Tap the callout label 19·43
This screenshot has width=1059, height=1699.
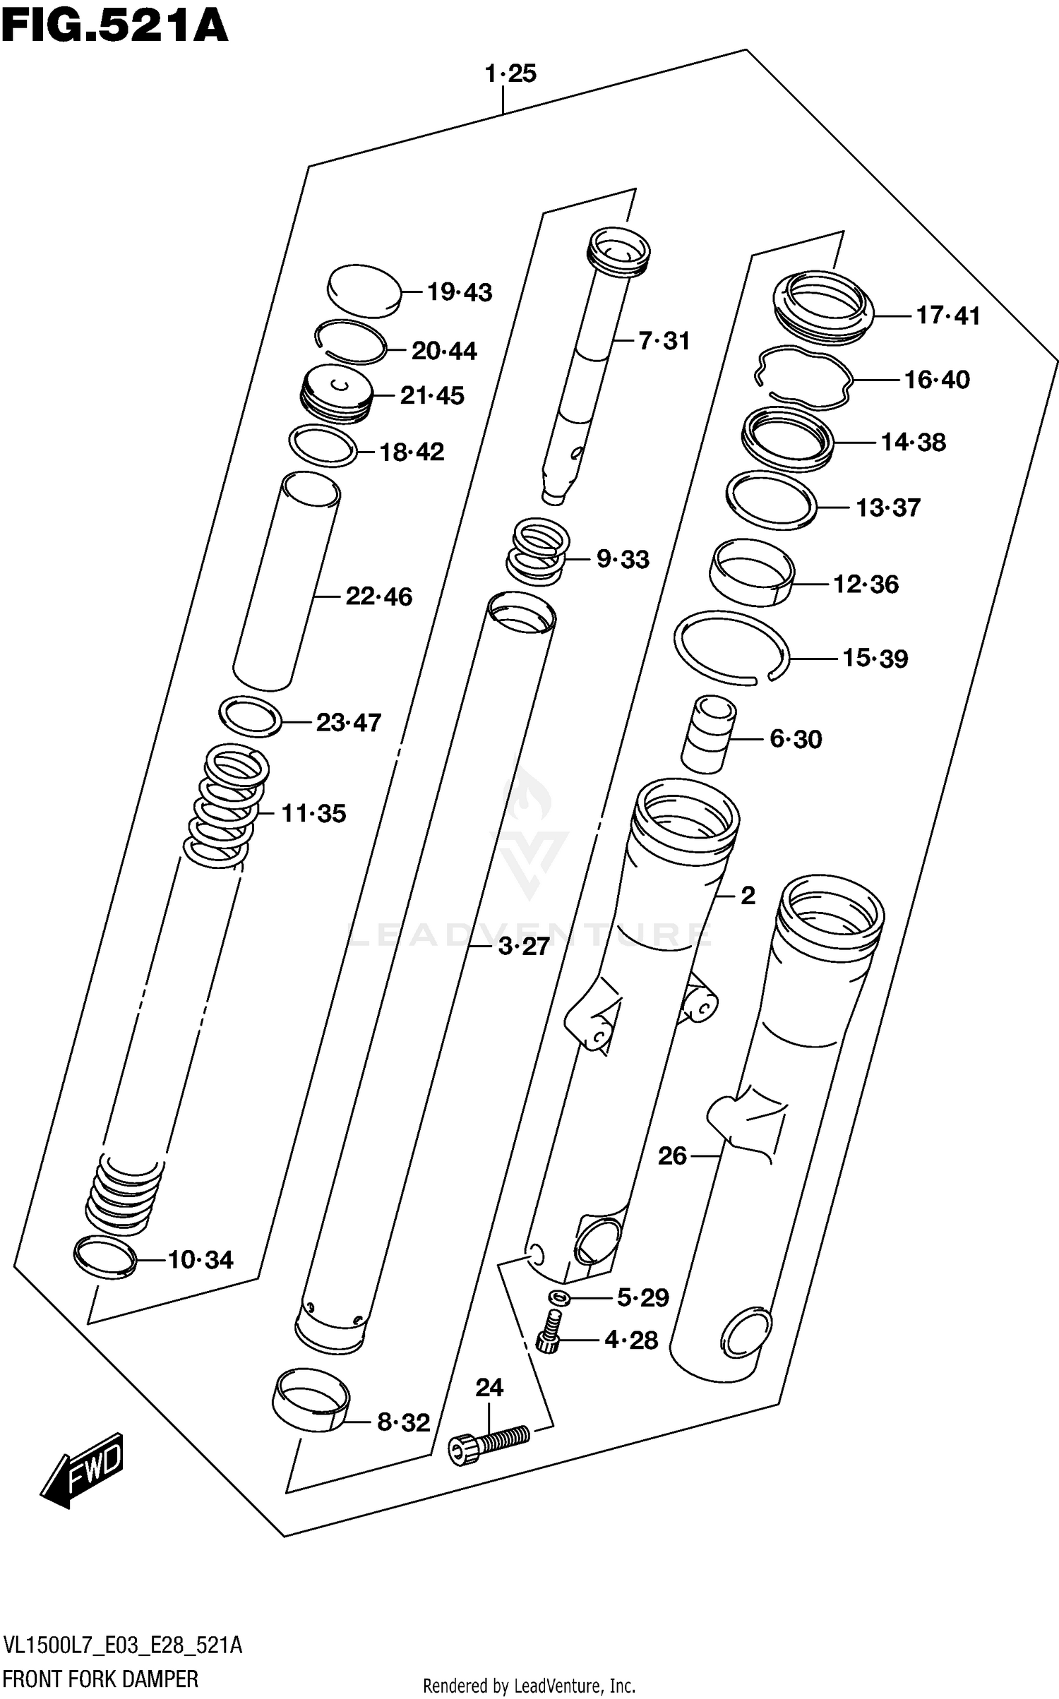pyautogui.click(x=459, y=292)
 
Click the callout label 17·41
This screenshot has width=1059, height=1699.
pyautogui.click(x=947, y=316)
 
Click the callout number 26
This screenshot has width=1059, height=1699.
pyautogui.click(x=671, y=1156)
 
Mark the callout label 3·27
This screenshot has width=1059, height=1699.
pyautogui.click(x=523, y=947)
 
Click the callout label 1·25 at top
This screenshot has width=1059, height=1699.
pyautogui.click(x=510, y=73)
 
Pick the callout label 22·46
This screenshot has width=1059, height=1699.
pyautogui.click(x=378, y=597)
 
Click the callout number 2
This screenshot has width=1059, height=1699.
pyautogui.click(x=748, y=896)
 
